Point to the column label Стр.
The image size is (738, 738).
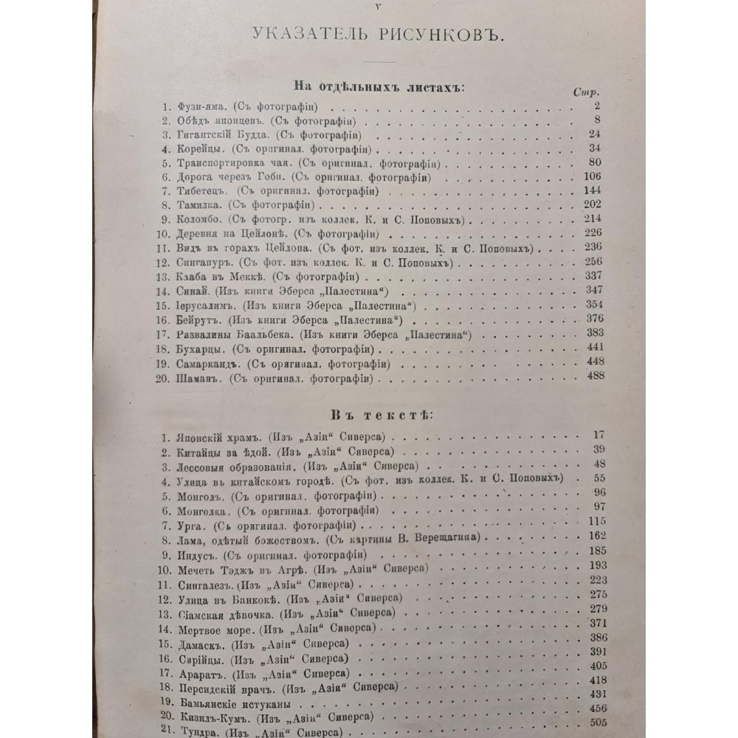click(584, 93)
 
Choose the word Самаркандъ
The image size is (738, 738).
click(207, 364)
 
